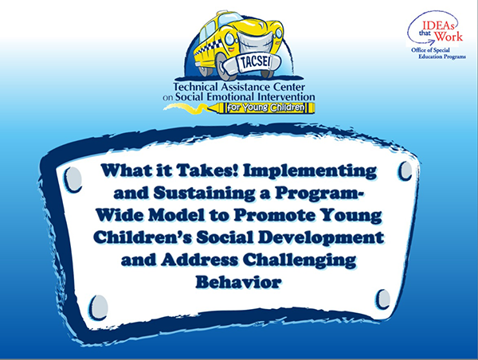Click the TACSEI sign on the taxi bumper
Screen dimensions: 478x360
pos(256,63)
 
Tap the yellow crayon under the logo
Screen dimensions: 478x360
pos(264,108)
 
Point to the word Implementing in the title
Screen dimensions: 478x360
pos(310,171)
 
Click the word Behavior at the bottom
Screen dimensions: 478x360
pos(238,282)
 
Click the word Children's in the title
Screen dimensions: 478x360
pos(143,237)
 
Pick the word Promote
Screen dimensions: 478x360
pos(274,216)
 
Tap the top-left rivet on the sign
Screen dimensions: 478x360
pos(73,179)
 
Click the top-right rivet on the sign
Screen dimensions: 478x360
pos(406,170)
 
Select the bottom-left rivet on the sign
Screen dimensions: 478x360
pos(98,307)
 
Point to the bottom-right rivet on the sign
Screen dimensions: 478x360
pos(383,299)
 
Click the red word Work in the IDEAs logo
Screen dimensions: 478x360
pos(449,36)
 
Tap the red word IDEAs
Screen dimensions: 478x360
pos(440,25)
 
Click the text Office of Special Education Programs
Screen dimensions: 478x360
pos(438,53)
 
